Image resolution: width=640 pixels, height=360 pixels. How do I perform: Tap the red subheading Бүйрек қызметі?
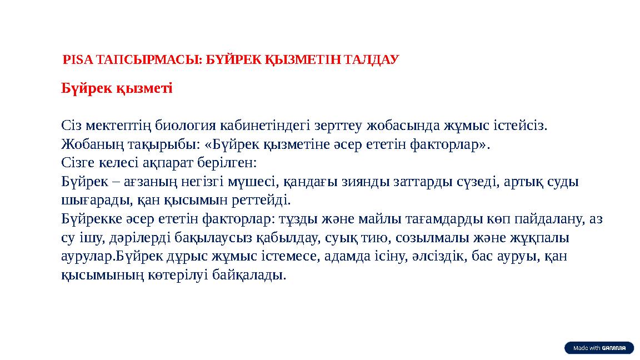coord(117,88)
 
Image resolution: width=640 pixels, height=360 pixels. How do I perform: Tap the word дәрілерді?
coord(123,238)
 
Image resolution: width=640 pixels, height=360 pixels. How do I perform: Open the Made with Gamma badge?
coord(599,348)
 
